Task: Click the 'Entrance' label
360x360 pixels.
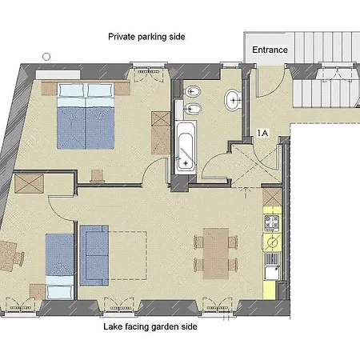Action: (270, 50)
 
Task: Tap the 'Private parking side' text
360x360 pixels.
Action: (146, 37)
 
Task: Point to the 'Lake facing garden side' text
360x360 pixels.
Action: (150, 326)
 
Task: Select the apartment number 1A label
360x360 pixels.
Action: (262, 133)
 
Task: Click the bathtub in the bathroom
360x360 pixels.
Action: (186, 146)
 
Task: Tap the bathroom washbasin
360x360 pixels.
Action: (233, 100)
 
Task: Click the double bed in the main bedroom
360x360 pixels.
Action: (86, 116)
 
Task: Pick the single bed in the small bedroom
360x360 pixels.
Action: (59, 266)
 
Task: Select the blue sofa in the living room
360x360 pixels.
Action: (94, 255)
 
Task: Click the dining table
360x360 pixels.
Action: (216, 254)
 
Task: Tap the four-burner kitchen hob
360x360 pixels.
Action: (272, 222)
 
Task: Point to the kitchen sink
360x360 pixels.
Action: (272, 266)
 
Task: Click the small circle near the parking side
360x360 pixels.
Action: (46, 57)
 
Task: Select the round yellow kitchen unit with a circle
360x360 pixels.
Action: (272, 242)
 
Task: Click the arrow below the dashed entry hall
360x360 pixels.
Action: (246, 193)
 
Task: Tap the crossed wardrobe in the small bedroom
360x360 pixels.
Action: (29, 184)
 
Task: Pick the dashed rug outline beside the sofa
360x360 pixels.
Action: (127, 255)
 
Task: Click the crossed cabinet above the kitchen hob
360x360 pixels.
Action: (272, 198)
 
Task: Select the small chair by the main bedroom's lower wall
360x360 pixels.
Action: (97, 176)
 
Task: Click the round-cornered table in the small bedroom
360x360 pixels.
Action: (10, 256)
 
